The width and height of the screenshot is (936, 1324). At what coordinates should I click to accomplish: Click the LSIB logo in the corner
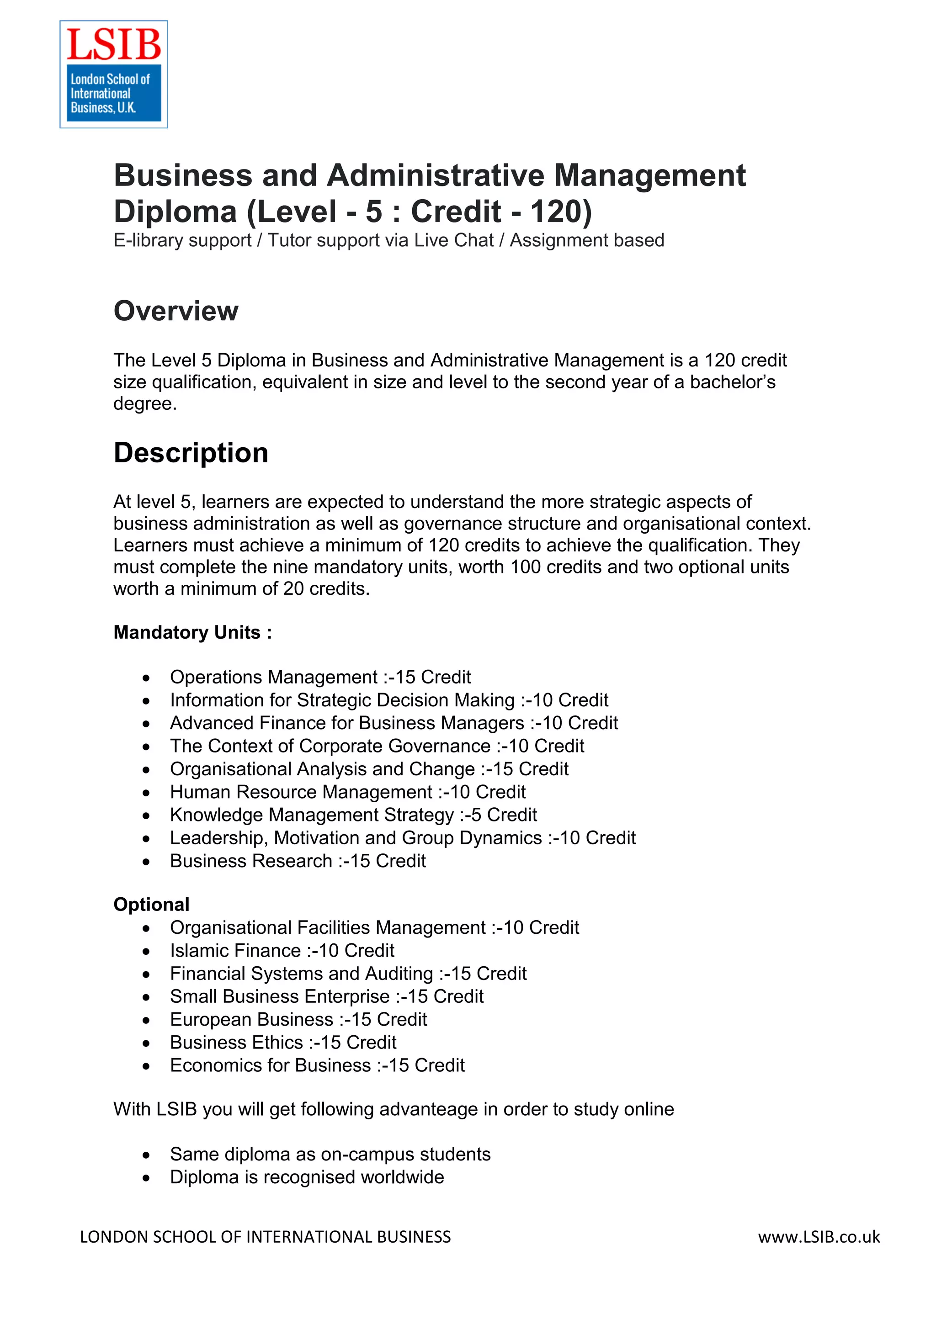tap(114, 74)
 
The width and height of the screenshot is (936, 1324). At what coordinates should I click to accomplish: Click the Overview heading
tap(175, 312)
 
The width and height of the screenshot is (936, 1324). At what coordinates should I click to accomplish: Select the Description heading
tap(191, 453)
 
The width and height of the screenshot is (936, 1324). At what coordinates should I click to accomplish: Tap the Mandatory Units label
tap(192, 633)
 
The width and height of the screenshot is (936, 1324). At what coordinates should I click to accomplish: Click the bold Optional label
tap(151, 904)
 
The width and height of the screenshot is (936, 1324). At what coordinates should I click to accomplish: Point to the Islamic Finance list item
tap(282, 950)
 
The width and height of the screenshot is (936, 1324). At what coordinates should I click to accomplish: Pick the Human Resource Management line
tap(347, 792)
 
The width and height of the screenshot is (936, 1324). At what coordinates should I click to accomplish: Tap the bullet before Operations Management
tap(147, 678)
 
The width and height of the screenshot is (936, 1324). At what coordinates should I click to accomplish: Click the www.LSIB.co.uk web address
tap(819, 1237)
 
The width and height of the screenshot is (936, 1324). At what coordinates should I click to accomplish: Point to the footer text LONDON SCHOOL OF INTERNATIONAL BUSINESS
tap(265, 1237)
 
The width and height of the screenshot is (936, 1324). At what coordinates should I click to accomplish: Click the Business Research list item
tap(298, 861)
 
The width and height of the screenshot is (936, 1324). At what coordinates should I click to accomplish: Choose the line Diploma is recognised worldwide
tap(307, 1177)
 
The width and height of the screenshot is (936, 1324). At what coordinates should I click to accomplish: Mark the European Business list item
tap(298, 1020)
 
